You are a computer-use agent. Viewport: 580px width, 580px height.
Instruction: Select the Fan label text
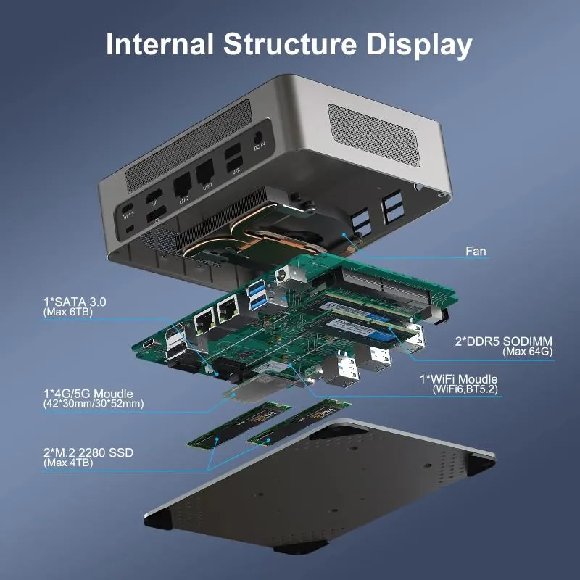click(x=476, y=252)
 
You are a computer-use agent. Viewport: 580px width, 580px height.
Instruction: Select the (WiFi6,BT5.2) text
click(x=463, y=389)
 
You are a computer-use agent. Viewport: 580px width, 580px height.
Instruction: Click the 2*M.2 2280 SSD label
click(x=88, y=453)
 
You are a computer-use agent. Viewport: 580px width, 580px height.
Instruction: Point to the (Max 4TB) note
click(x=68, y=463)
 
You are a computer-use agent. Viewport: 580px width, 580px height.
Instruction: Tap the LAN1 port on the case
click(x=206, y=171)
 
